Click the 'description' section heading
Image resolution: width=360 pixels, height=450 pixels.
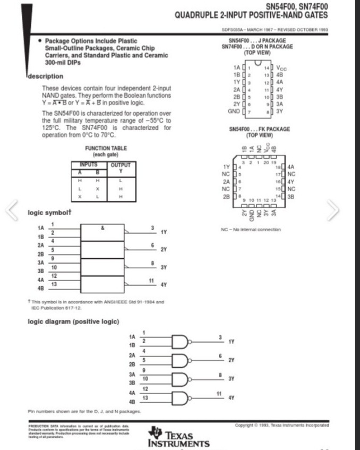45,76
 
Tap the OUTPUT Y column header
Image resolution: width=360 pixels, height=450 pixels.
120,168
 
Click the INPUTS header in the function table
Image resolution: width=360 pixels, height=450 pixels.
88,165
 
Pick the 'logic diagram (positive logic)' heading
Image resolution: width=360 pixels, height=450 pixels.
73,321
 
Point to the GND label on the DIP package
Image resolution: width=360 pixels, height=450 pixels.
234,111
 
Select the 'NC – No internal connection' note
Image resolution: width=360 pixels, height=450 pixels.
251,230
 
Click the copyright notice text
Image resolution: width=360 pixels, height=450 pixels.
282,425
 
